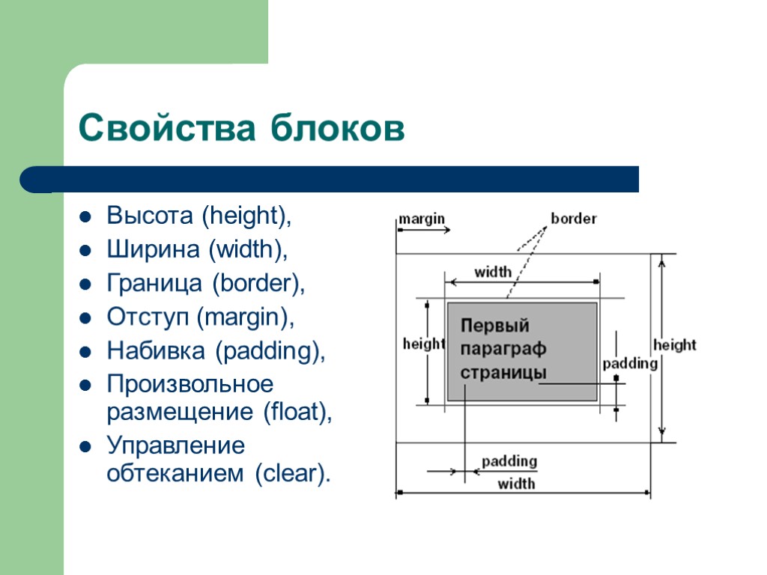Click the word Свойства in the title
(x=164, y=128)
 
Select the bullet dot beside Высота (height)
(x=86, y=218)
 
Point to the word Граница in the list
(x=155, y=283)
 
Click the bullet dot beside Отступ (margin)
(x=86, y=317)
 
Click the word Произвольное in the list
(x=190, y=384)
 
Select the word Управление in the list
(x=176, y=446)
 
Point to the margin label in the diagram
(x=421, y=219)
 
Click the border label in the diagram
(x=574, y=219)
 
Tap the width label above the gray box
(x=493, y=272)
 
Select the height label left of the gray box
(x=423, y=344)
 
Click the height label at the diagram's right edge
(x=674, y=345)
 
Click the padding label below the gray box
(x=509, y=461)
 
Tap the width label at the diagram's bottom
(x=516, y=484)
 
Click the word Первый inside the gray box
(x=495, y=326)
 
